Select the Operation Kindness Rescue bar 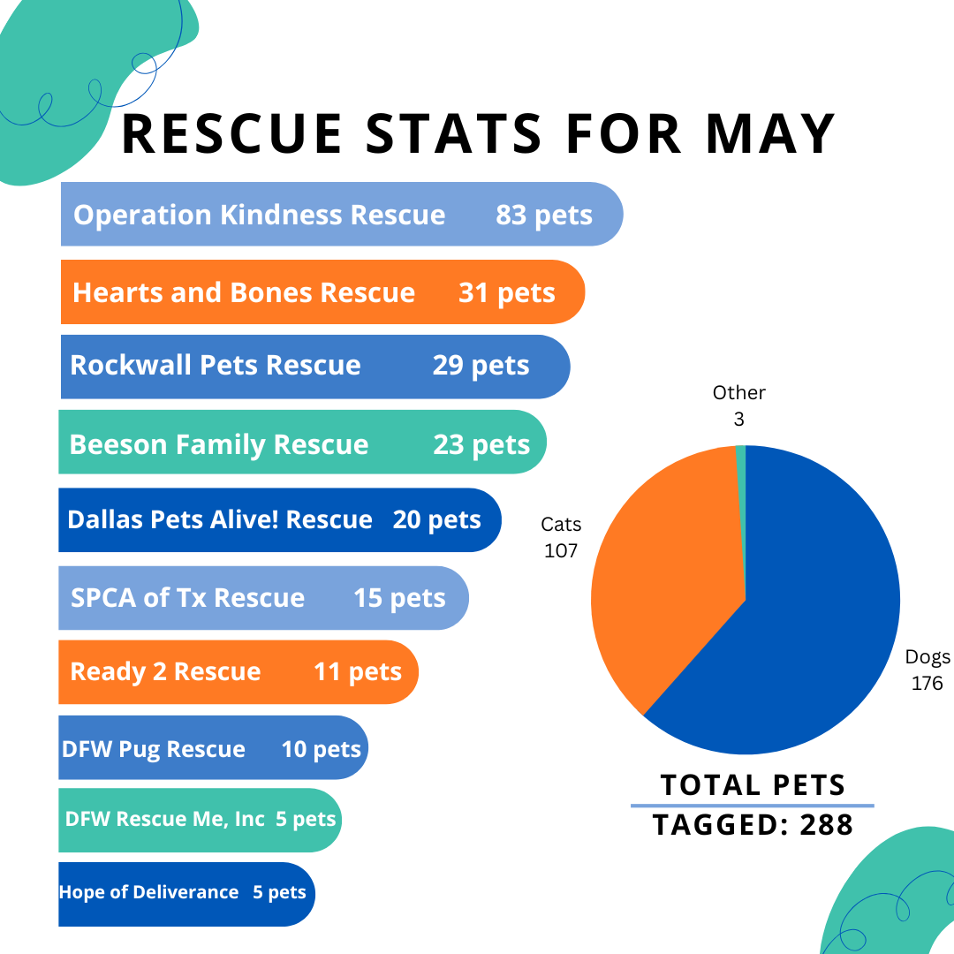tap(341, 215)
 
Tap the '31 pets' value tap(506, 292)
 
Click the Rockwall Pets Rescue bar tap(314, 366)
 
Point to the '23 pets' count tap(481, 444)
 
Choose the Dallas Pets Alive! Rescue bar tap(279, 520)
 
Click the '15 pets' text tap(399, 598)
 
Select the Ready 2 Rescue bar tap(238, 672)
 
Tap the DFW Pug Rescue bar tap(212, 749)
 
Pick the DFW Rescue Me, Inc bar tap(200, 820)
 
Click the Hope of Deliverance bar tap(185, 893)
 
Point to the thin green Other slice tap(741, 477)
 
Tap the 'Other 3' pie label tap(739, 405)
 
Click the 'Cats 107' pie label tap(561, 538)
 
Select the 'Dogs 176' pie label tap(927, 670)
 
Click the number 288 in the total tap(827, 824)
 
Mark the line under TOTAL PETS tap(752, 806)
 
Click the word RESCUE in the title tap(231, 133)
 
